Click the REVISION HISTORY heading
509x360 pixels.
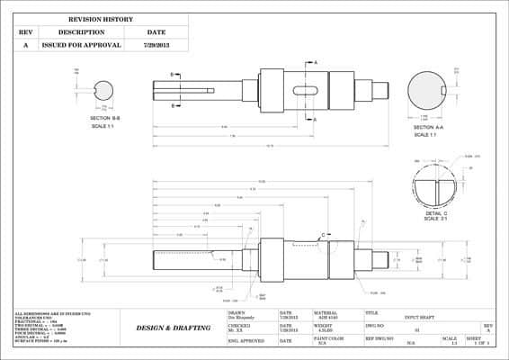click(x=101, y=19)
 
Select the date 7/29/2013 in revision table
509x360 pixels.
click(x=156, y=44)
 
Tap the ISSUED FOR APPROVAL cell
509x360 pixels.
click(x=82, y=44)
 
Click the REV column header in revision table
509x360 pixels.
click(x=25, y=31)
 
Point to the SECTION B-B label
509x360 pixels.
click(x=106, y=118)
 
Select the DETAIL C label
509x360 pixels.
click(x=436, y=213)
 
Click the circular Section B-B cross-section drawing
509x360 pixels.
click(x=104, y=90)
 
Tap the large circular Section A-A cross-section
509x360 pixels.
click(x=427, y=90)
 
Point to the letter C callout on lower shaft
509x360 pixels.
click(x=322, y=235)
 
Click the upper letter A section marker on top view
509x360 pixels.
click(x=315, y=62)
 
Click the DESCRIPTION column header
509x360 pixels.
click(x=82, y=31)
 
